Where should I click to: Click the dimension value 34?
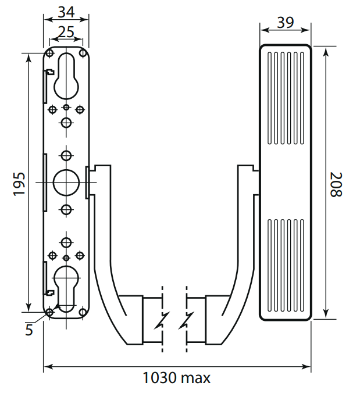point(66,11)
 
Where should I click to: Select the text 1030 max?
point(176,378)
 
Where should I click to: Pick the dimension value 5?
point(29,330)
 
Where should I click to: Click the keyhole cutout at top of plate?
point(66,76)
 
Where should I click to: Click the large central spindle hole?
point(66,182)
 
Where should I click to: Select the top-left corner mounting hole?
point(50,53)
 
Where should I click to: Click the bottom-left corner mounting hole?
point(50,312)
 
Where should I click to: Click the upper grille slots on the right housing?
point(285,98)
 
